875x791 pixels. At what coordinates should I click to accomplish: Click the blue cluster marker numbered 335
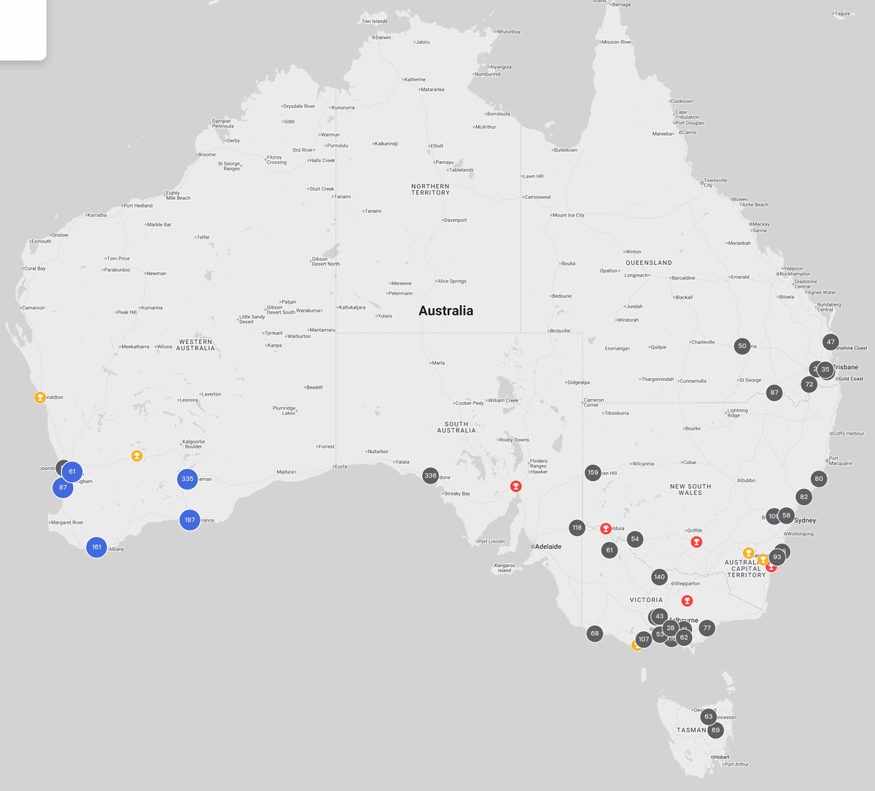pyautogui.click(x=187, y=479)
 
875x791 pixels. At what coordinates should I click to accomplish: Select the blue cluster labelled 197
pyautogui.click(x=190, y=520)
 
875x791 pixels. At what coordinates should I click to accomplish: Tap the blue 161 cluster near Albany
pyautogui.click(x=96, y=547)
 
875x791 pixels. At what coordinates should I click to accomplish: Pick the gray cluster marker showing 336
pyautogui.click(x=430, y=476)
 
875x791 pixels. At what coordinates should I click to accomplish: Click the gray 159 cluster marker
pyautogui.click(x=593, y=473)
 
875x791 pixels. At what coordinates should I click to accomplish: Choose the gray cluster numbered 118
pyautogui.click(x=577, y=528)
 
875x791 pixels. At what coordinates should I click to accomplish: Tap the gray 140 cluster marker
pyautogui.click(x=659, y=576)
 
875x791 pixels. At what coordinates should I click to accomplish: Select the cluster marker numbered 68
pyautogui.click(x=595, y=633)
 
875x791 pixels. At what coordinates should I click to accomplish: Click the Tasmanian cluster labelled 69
pyautogui.click(x=715, y=730)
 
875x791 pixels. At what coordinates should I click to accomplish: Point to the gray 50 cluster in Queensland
pyautogui.click(x=742, y=346)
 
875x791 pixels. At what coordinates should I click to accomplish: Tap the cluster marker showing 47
pyautogui.click(x=831, y=342)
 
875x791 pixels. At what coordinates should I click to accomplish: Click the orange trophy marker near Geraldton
pyautogui.click(x=40, y=398)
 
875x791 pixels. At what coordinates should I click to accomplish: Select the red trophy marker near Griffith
pyautogui.click(x=696, y=542)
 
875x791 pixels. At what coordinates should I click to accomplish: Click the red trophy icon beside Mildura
pyautogui.click(x=605, y=528)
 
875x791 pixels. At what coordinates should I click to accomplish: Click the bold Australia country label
pyautogui.click(x=446, y=311)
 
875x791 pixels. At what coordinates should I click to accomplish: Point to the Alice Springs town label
pyautogui.click(x=452, y=281)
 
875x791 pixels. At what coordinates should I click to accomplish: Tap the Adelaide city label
pyautogui.click(x=547, y=547)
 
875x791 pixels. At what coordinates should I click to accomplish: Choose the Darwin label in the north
pyautogui.click(x=383, y=37)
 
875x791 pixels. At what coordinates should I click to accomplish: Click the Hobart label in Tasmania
pyautogui.click(x=722, y=757)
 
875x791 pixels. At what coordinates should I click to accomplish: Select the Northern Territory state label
pyautogui.click(x=430, y=189)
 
